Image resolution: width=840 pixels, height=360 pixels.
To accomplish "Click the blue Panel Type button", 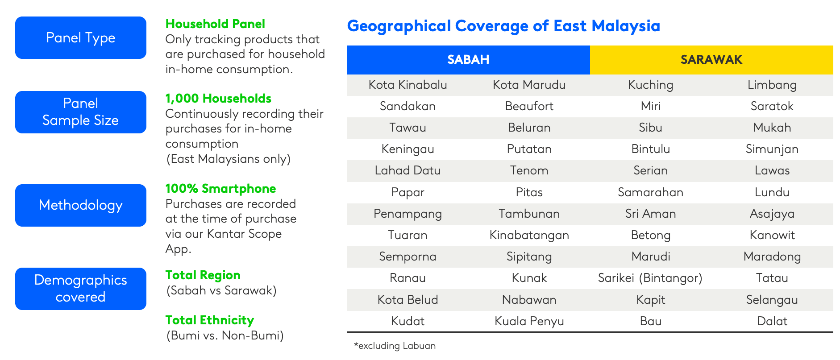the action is (81, 37).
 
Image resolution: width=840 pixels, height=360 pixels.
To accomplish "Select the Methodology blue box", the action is (81, 205).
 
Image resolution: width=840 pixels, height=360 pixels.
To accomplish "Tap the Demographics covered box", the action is (81, 289).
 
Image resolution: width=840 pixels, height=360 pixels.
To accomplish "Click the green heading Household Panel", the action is (215, 24).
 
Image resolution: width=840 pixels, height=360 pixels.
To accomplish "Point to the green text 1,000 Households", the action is (218, 99).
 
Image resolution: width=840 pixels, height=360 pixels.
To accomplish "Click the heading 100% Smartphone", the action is (220, 189).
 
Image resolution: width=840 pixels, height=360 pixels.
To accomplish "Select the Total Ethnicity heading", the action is (209, 320).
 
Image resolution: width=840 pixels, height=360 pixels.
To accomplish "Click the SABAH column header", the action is (469, 60).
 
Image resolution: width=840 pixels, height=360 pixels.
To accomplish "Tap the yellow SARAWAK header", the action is (711, 60).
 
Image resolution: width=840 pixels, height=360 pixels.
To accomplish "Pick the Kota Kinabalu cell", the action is (408, 85).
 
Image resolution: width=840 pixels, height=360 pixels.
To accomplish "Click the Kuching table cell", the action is (651, 85).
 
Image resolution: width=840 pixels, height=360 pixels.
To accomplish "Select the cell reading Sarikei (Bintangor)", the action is (650, 278).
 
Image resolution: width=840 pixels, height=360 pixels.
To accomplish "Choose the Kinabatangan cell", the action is (529, 235).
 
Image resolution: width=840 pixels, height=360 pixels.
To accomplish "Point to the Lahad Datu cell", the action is (408, 170).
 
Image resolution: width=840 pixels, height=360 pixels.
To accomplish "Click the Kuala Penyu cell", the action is (529, 321).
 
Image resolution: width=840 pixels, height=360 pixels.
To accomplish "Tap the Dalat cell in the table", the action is (772, 321).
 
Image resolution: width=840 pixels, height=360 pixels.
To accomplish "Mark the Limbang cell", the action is (772, 85).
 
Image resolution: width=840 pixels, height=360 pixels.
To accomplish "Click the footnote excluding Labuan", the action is (395, 346).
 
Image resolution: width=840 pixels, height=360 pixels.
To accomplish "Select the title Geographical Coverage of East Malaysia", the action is (503, 26).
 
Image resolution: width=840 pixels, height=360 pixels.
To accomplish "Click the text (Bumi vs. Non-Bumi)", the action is (225, 335).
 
